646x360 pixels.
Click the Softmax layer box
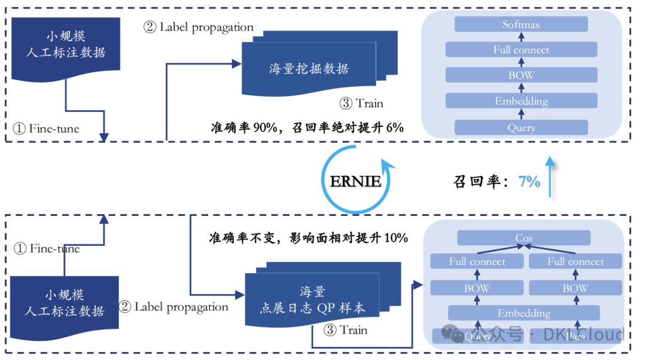[521, 25]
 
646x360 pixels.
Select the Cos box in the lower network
[523, 238]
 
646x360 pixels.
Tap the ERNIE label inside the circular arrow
[355, 181]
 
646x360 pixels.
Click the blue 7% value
[529, 182]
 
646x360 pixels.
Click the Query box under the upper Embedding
[521, 127]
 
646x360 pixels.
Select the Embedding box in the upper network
[521, 101]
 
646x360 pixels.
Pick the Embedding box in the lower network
[523, 313]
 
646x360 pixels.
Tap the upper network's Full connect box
[521, 50]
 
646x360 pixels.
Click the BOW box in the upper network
[521, 75]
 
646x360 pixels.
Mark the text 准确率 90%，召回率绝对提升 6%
[307, 127]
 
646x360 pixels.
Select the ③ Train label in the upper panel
[361, 103]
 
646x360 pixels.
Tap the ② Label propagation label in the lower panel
[173, 307]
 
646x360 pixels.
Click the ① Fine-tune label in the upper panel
[46, 129]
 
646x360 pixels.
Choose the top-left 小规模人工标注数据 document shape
[66, 45]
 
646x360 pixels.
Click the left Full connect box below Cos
[477, 261]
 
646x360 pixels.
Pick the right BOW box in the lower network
[575, 288]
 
